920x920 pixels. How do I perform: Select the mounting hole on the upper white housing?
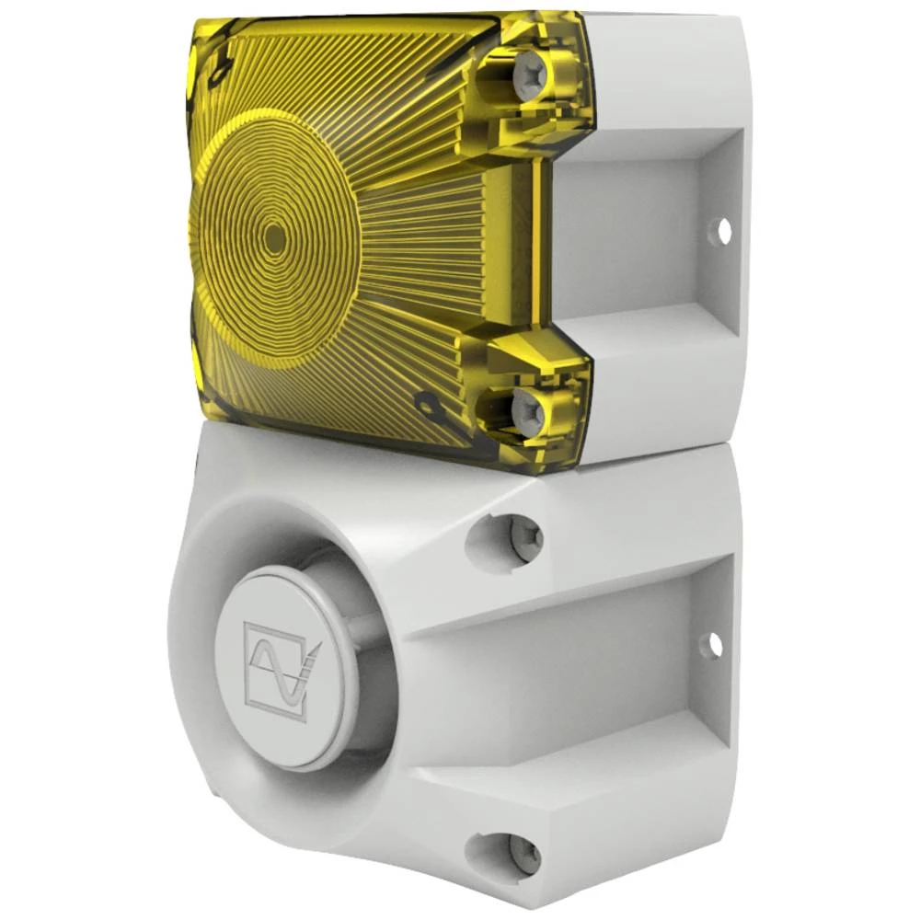[x=724, y=230]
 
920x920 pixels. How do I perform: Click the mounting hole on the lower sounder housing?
[x=713, y=645]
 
